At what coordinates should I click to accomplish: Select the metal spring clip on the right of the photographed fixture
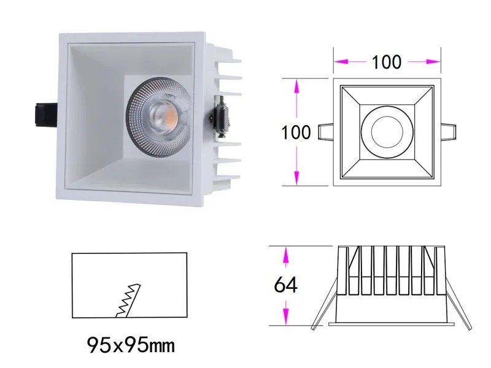pyautogui.click(x=219, y=115)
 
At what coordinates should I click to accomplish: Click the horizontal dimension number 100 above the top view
pyautogui.click(x=387, y=62)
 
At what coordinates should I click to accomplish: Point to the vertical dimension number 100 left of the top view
pyautogui.click(x=297, y=132)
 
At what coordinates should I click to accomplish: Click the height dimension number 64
pyautogui.click(x=285, y=285)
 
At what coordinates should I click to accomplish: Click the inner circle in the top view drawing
pyautogui.click(x=387, y=132)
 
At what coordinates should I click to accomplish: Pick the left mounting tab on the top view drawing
pyautogui.click(x=326, y=132)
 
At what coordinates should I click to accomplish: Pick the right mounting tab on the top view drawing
pyautogui.click(x=448, y=132)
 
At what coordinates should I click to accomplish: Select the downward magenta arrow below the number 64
pyautogui.click(x=285, y=315)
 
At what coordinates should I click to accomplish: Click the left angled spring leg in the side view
pyautogui.click(x=323, y=310)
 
